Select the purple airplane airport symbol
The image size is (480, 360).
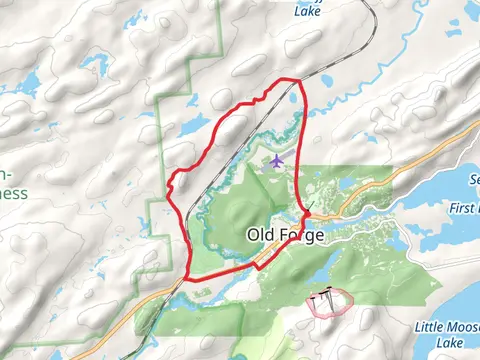coord(277,161)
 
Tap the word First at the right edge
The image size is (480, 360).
coord(465,207)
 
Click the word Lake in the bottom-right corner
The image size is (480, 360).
coord(452,342)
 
